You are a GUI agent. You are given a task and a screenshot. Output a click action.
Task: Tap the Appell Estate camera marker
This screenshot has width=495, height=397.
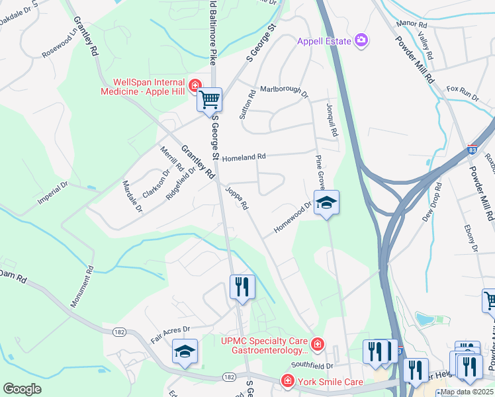[361, 41]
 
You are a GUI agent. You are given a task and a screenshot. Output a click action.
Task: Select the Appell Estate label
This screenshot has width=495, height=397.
[324, 41]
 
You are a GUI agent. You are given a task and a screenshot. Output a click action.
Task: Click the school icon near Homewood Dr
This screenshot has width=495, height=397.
[326, 203]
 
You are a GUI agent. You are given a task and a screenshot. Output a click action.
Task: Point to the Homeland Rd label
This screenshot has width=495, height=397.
[244, 157]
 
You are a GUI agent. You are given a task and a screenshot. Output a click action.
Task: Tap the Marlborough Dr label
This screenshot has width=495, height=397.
[284, 90]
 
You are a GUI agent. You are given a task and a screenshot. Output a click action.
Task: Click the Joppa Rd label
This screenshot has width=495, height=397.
[236, 198]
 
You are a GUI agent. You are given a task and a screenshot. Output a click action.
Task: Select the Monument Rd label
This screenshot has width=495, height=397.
[81, 286]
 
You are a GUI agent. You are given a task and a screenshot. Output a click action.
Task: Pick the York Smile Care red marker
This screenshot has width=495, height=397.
[287, 381]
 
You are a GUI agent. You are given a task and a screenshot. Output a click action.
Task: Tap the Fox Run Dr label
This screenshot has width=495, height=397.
[463, 93]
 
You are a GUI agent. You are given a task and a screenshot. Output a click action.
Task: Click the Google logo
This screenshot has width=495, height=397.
[22, 388]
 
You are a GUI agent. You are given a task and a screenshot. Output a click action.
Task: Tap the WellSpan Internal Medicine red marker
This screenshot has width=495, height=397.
[195, 85]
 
